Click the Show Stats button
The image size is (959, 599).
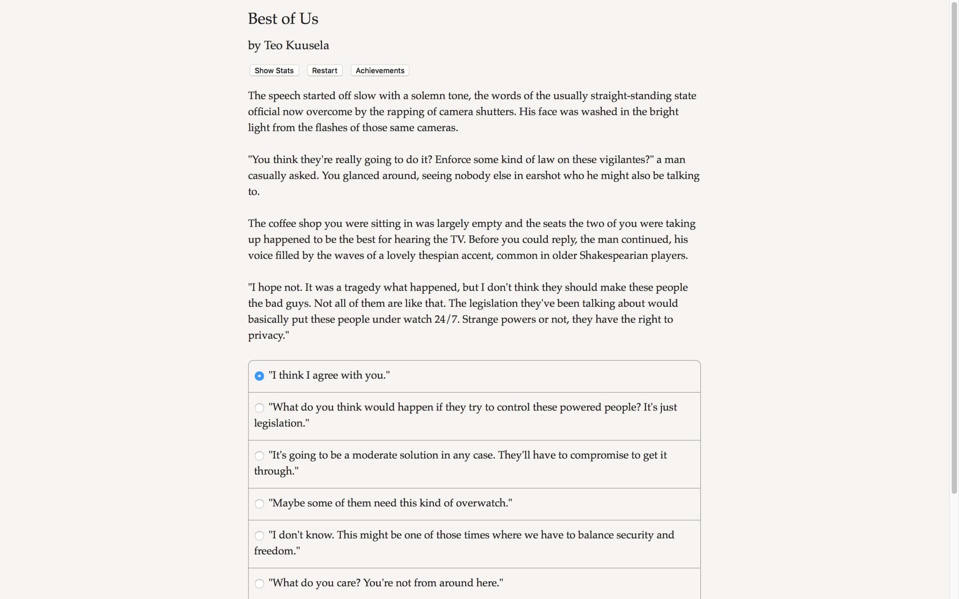pyautogui.click(x=274, y=70)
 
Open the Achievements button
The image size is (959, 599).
pyautogui.click(x=380, y=70)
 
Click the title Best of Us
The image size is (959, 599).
pyautogui.click(x=283, y=19)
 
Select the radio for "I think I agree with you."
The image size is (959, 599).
pyautogui.click(x=259, y=376)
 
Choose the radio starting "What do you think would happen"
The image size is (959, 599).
pyautogui.click(x=259, y=408)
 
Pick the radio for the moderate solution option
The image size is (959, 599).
pyautogui.click(x=259, y=456)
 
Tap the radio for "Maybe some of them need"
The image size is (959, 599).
pyautogui.click(x=259, y=504)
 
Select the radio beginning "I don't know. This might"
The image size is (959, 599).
pyautogui.click(x=259, y=536)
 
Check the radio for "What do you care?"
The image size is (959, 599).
pyautogui.click(x=259, y=583)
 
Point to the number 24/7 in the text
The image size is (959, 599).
pyautogui.click(x=447, y=319)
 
